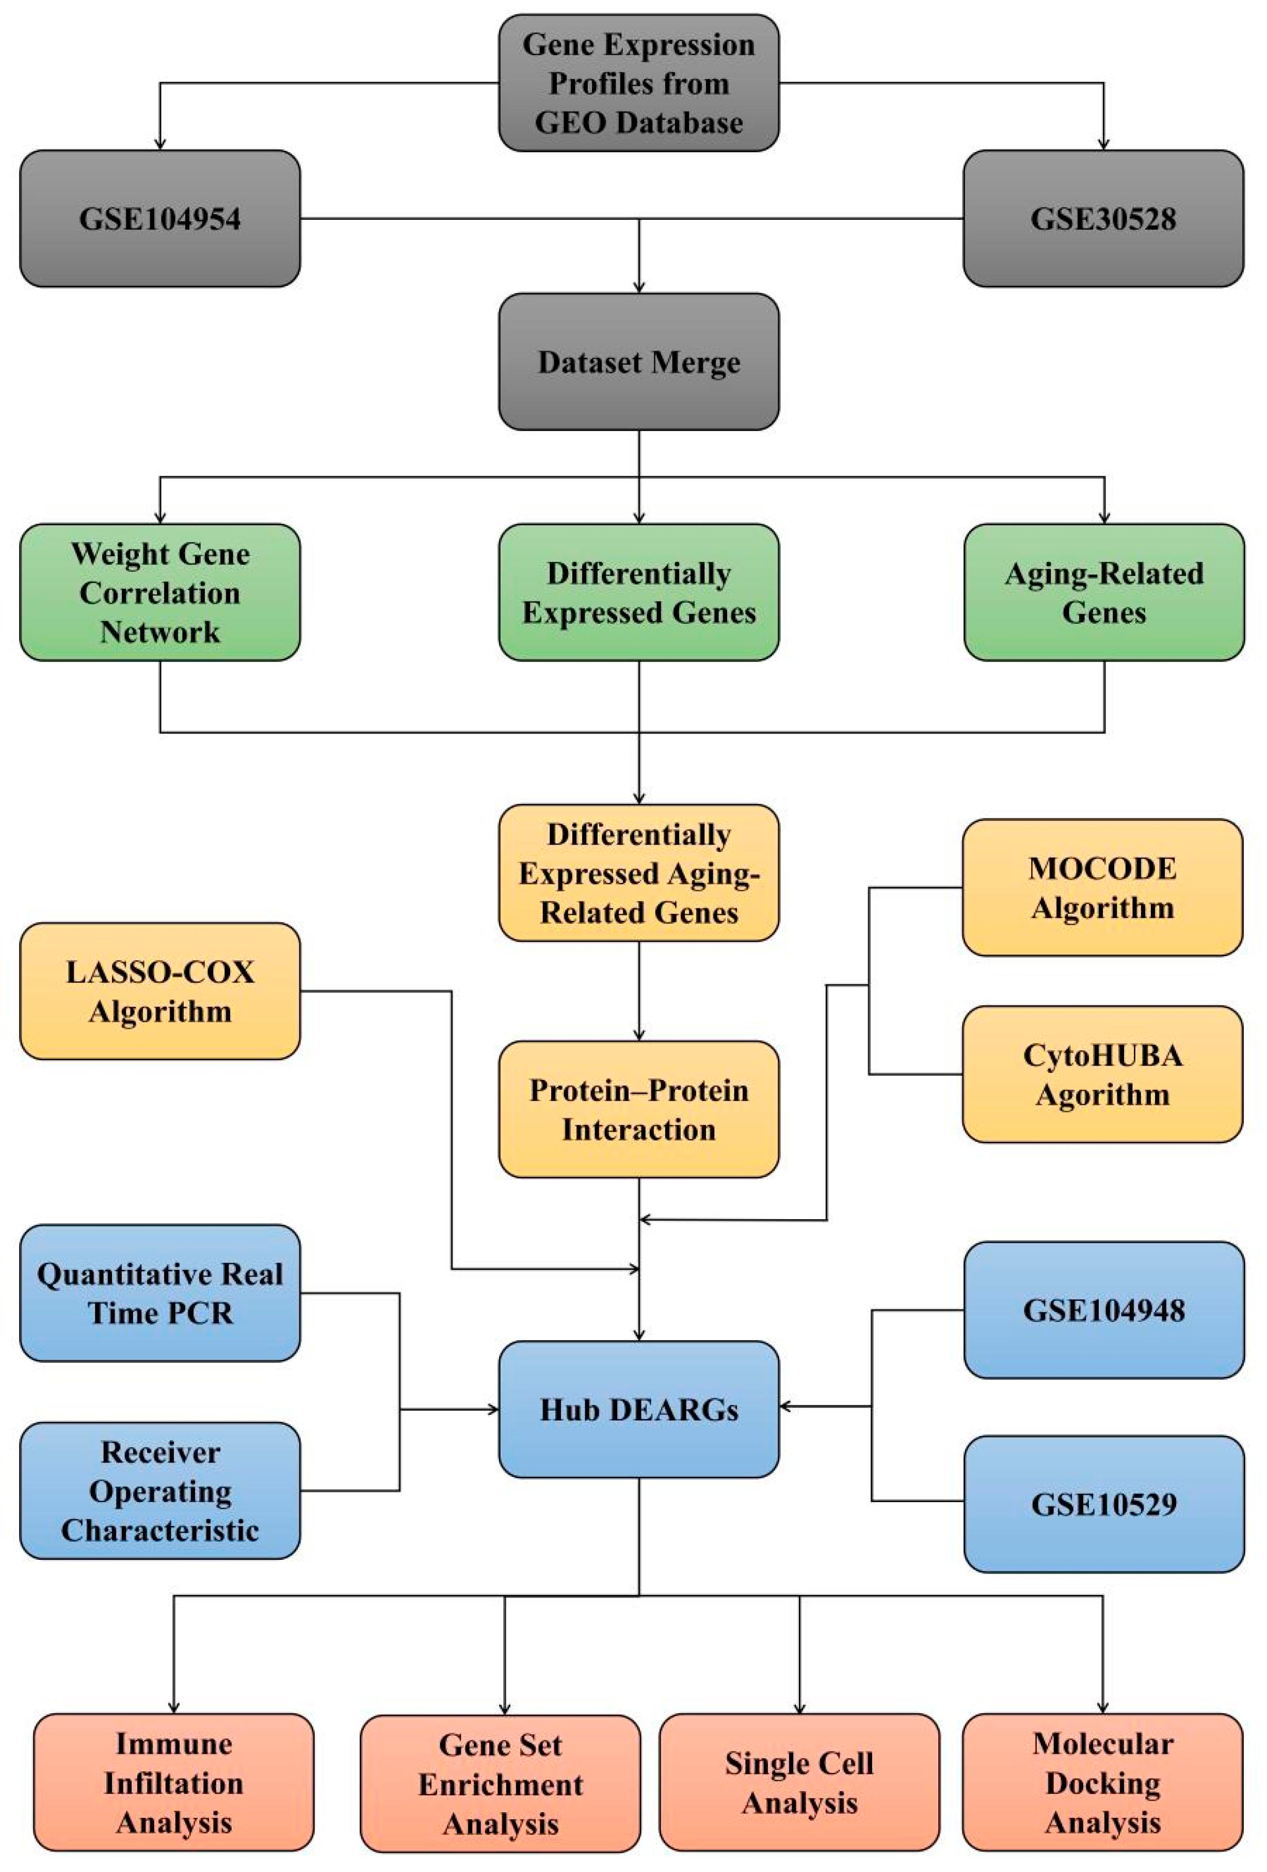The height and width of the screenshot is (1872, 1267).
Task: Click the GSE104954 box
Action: (159, 218)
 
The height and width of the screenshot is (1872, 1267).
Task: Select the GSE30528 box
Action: (1103, 218)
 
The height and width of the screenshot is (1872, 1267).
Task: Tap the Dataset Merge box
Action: (639, 362)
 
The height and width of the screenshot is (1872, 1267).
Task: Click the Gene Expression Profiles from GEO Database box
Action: (639, 83)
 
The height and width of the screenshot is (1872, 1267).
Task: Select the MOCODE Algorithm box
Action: (1102, 887)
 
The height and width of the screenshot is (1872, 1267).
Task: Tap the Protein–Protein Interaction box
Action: (639, 1109)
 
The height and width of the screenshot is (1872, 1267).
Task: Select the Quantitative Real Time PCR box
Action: (159, 1293)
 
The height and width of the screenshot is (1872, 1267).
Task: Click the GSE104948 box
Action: (1103, 1310)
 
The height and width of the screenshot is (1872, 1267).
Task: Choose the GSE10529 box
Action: (1103, 1504)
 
